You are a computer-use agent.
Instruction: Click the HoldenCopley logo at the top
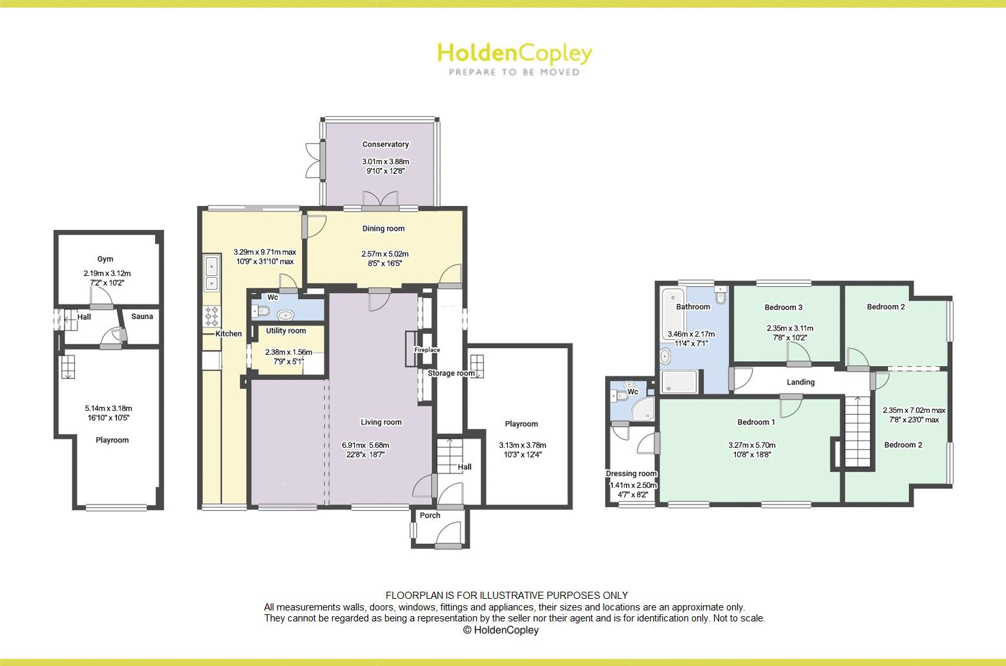[514, 58]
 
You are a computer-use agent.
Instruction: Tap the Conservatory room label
[385, 145]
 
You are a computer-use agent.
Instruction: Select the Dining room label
[383, 229]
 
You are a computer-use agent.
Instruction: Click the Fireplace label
[427, 350]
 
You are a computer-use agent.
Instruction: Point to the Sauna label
[142, 317]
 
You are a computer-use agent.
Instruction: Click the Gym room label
[105, 259]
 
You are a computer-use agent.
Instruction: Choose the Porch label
[430, 515]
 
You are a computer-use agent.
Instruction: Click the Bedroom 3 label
[783, 307]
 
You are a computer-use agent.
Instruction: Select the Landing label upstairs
[801, 382]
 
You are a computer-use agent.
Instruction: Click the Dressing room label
[631, 473]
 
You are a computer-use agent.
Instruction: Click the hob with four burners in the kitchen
[212, 317]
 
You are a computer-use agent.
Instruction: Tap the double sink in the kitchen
[211, 274]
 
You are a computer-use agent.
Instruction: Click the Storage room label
[451, 373]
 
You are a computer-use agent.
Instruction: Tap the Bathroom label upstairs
[693, 307]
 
